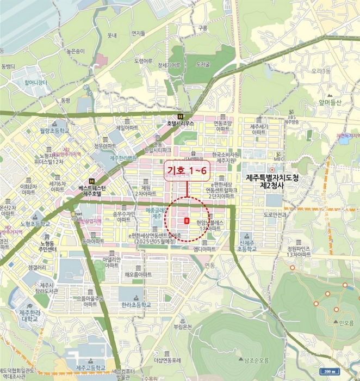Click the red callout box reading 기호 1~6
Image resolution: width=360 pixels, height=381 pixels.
click(x=187, y=171)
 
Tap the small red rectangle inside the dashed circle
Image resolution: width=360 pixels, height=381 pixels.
click(x=187, y=221)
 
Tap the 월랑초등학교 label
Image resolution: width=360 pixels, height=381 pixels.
click(x=54, y=131)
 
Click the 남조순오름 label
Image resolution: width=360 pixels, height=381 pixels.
click(x=257, y=359)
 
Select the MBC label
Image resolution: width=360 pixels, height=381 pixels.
click(x=280, y=159)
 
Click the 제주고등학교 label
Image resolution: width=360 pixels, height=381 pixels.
click(x=90, y=368)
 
